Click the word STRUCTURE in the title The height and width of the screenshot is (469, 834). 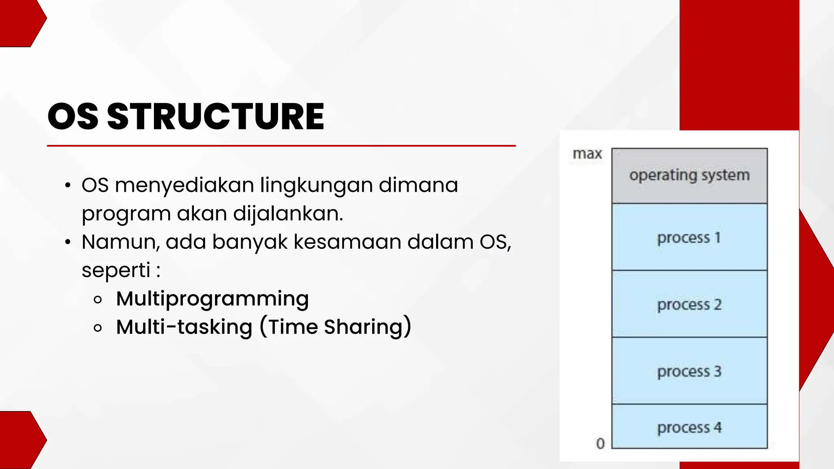pyautogui.click(x=215, y=117)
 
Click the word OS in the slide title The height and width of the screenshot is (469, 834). pyautogui.click(x=73, y=117)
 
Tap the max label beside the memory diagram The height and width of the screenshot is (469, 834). pyautogui.click(x=587, y=154)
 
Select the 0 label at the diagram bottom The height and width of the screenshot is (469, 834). pyautogui.click(x=600, y=443)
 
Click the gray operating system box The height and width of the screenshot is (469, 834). pyautogui.click(x=689, y=175)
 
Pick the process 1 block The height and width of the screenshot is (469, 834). pyautogui.click(x=689, y=237)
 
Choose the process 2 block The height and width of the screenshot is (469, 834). pyautogui.click(x=689, y=304)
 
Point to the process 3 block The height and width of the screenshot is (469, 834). pyautogui.click(x=689, y=371)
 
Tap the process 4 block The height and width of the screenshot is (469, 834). pyautogui.click(x=689, y=427)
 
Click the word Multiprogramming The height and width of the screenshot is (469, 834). pyautogui.click(x=212, y=299)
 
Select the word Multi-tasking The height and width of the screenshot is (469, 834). pyautogui.click(x=184, y=327)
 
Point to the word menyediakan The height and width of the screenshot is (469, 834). pyautogui.click(x=184, y=185)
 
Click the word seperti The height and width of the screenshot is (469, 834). pyautogui.click(x=116, y=270)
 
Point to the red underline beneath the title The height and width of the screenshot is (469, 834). pyautogui.click(x=281, y=145)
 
